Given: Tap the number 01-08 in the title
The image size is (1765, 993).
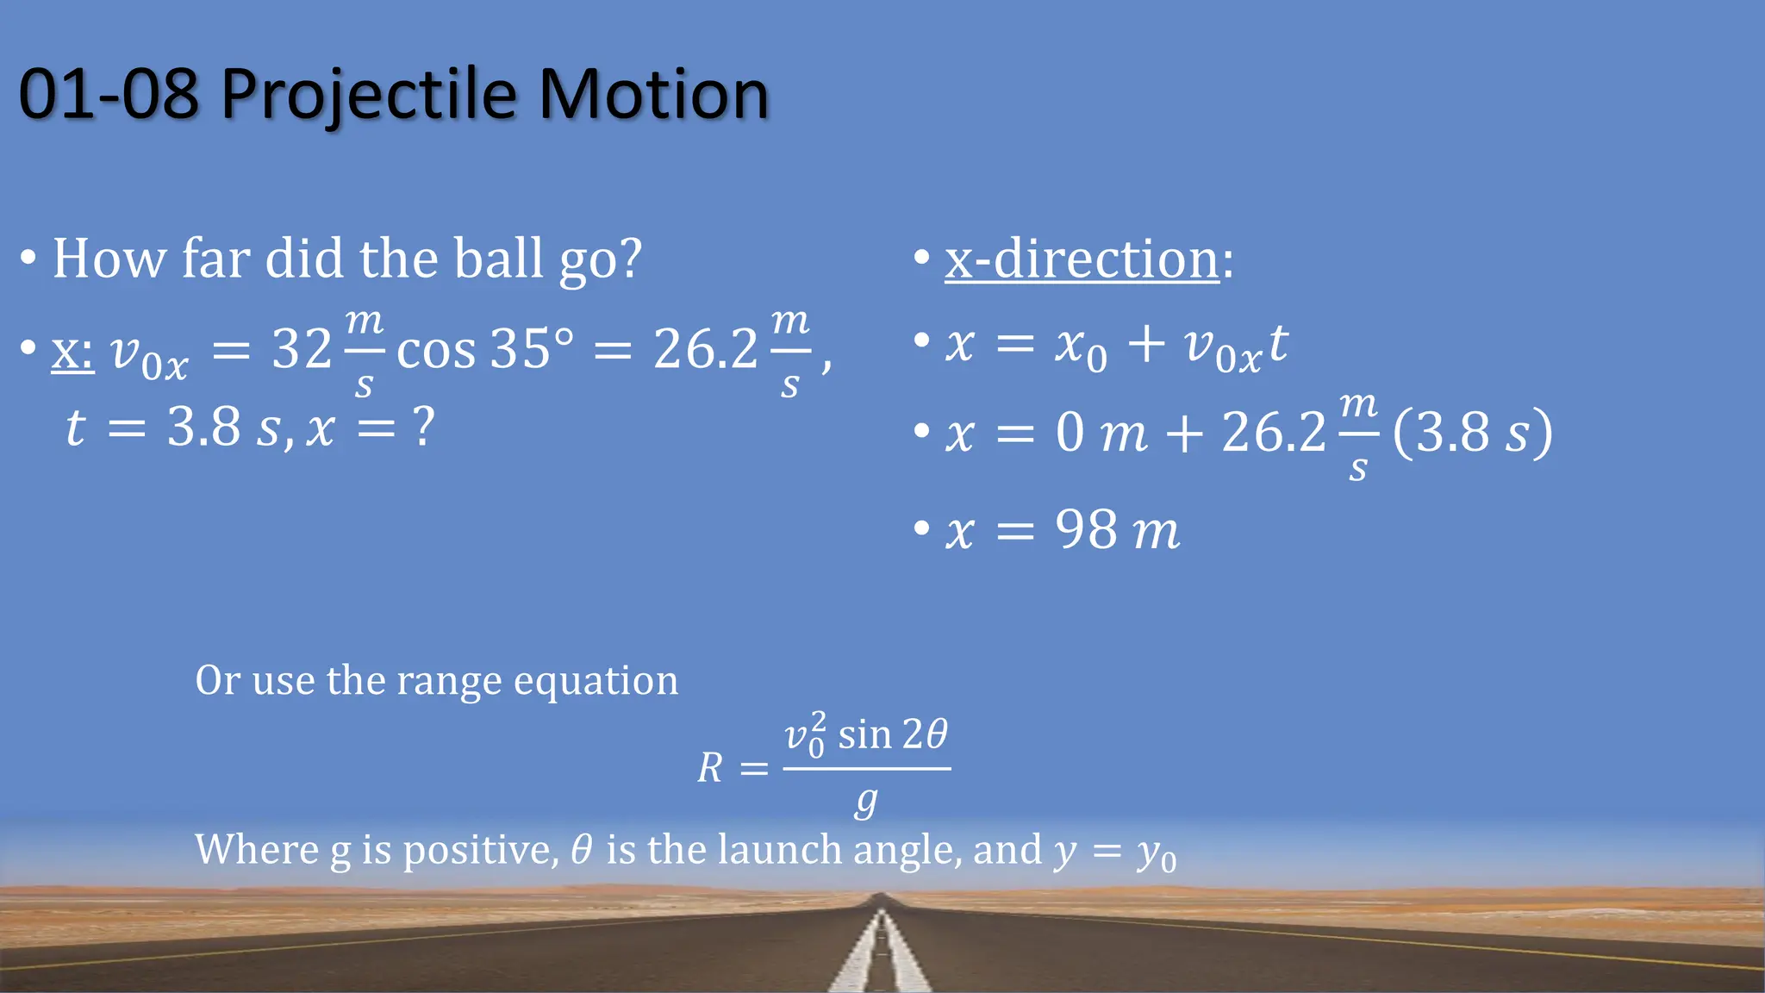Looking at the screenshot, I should [x=109, y=95].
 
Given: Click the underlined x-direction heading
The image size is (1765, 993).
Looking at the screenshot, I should [x=1082, y=259].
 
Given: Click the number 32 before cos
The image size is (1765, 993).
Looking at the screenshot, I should [x=302, y=350].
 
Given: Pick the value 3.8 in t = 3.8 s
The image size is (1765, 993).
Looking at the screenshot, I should [x=203, y=427].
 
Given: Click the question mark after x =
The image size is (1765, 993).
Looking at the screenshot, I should [x=423, y=427].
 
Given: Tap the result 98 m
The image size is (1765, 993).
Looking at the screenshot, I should [x=1117, y=529].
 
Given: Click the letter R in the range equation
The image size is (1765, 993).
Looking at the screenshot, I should [x=710, y=767].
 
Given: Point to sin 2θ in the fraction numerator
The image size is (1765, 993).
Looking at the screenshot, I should [x=892, y=735].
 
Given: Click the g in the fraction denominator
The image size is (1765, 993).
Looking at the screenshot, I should [x=866, y=802].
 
